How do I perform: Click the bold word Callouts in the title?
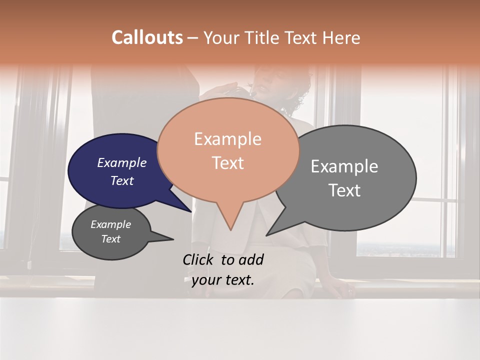[147, 37]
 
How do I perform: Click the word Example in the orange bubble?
[227, 139]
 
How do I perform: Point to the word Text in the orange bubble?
[227, 163]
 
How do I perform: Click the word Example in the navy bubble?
[122, 163]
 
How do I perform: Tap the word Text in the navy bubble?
[122, 180]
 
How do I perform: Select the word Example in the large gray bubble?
[344, 166]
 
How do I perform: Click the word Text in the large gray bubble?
[344, 190]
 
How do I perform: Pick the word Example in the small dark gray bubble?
[110, 224]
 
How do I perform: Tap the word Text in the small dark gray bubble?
[110, 239]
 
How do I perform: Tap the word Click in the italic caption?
[198, 259]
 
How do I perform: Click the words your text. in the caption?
[223, 280]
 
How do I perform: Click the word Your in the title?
[221, 37]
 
